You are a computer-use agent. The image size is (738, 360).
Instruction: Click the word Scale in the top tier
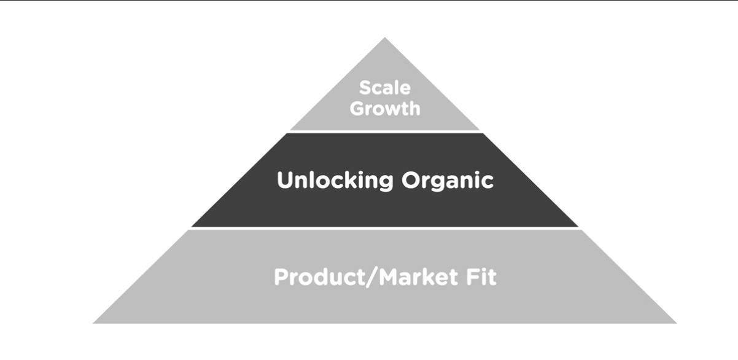385,88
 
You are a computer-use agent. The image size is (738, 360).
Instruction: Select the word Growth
385,109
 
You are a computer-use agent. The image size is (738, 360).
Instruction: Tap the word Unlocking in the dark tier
335,180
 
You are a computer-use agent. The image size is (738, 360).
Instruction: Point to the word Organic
448,181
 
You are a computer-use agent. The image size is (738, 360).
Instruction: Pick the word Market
418,277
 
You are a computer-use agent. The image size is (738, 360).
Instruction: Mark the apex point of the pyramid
385,37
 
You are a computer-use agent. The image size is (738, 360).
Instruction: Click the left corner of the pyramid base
93,323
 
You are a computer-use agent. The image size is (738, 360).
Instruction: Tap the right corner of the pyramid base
677,323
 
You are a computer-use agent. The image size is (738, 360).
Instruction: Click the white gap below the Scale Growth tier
385,132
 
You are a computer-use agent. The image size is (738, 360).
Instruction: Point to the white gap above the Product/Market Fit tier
385,228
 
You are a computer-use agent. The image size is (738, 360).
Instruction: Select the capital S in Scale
365,88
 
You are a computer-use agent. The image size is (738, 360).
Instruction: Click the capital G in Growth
357,109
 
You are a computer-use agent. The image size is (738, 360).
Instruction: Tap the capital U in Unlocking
285,180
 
